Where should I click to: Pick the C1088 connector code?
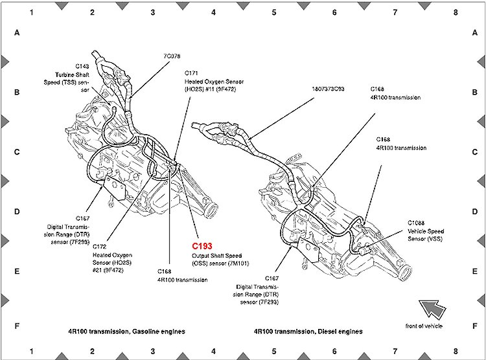tap(416, 223)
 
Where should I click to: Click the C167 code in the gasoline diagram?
tap(84, 219)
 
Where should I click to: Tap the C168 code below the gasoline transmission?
tap(165, 272)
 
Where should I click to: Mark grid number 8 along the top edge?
tap(456, 12)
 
